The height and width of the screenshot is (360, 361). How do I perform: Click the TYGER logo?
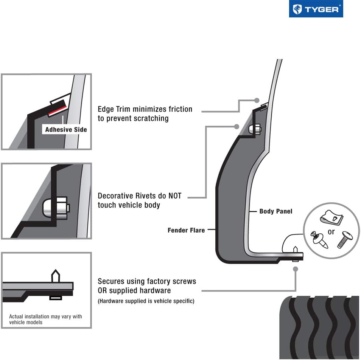tap(316, 9)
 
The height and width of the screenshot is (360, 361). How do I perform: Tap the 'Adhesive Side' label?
tap(66, 130)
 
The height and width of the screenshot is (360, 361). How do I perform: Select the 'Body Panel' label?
tap(276, 211)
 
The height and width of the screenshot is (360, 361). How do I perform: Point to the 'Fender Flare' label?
tap(186, 230)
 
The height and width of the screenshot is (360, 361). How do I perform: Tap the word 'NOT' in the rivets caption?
tap(172, 196)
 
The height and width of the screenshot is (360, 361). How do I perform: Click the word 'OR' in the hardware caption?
tap(103, 291)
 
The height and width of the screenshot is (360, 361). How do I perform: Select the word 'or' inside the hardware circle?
tap(331, 232)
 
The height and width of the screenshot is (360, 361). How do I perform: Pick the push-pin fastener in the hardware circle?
tap(319, 239)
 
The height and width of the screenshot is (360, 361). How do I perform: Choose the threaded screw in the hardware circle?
tap(344, 239)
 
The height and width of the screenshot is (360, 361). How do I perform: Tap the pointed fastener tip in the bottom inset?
tap(55, 275)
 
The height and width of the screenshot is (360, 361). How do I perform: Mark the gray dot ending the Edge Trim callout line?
tap(257, 101)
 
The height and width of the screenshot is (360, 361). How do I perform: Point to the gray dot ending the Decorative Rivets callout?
tap(237, 126)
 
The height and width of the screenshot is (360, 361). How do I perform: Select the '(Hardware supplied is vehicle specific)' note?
tap(146, 301)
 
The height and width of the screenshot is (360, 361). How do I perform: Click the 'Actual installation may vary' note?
tap(45, 319)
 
